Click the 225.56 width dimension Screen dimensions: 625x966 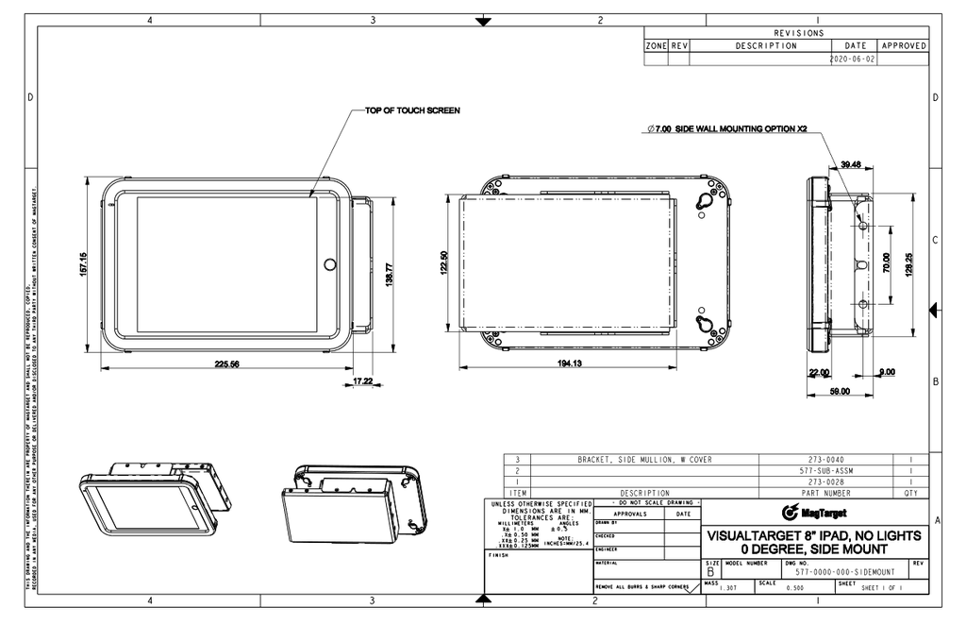(226, 363)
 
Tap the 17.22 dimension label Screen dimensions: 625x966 (363, 380)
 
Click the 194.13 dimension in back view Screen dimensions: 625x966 (569, 363)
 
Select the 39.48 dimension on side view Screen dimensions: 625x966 (851, 164)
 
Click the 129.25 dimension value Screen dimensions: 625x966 (908, 263)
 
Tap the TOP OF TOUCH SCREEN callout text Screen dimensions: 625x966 (412, 110)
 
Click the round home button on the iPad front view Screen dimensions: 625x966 (329, 264)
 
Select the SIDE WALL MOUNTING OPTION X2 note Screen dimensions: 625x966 (726, 128)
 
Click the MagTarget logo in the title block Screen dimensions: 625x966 (814, 513)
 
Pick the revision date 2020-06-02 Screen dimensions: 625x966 (853, 58)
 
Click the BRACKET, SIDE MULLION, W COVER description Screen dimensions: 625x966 (644, 459)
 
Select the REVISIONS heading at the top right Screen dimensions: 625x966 (799, 32)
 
